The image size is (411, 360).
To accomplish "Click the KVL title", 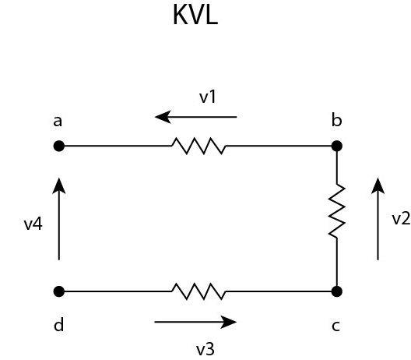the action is coord(195,15).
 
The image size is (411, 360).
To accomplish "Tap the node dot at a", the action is coord(59,146).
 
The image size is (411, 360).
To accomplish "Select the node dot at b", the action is coord(337,146).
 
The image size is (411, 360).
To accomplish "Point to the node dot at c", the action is coord(337,291).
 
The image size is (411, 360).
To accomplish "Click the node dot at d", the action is coord(59,291).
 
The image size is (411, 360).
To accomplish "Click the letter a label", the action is coord(58,122).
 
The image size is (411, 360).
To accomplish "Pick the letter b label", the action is coord(337,120).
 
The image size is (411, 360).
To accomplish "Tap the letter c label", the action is coord(335,326).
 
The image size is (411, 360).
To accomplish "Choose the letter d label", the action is coord(58,325).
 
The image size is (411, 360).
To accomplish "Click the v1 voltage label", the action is coord(208,97).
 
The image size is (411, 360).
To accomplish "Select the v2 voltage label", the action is coord(401,218).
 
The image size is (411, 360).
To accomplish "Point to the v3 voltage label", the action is coord(205,349).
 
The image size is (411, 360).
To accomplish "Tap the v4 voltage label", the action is coord(33,224).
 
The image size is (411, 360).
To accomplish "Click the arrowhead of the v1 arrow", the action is coord(163,117).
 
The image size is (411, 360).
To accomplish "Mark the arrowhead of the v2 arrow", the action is coord(378,185).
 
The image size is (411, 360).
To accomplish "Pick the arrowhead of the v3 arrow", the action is coord(229,322).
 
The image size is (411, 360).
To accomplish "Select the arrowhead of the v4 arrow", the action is coord(59,185).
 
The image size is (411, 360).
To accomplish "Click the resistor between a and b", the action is coord(198,146).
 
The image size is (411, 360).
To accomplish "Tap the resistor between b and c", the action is coord(337,210).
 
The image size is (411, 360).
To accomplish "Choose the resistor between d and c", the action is coord(198,291).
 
